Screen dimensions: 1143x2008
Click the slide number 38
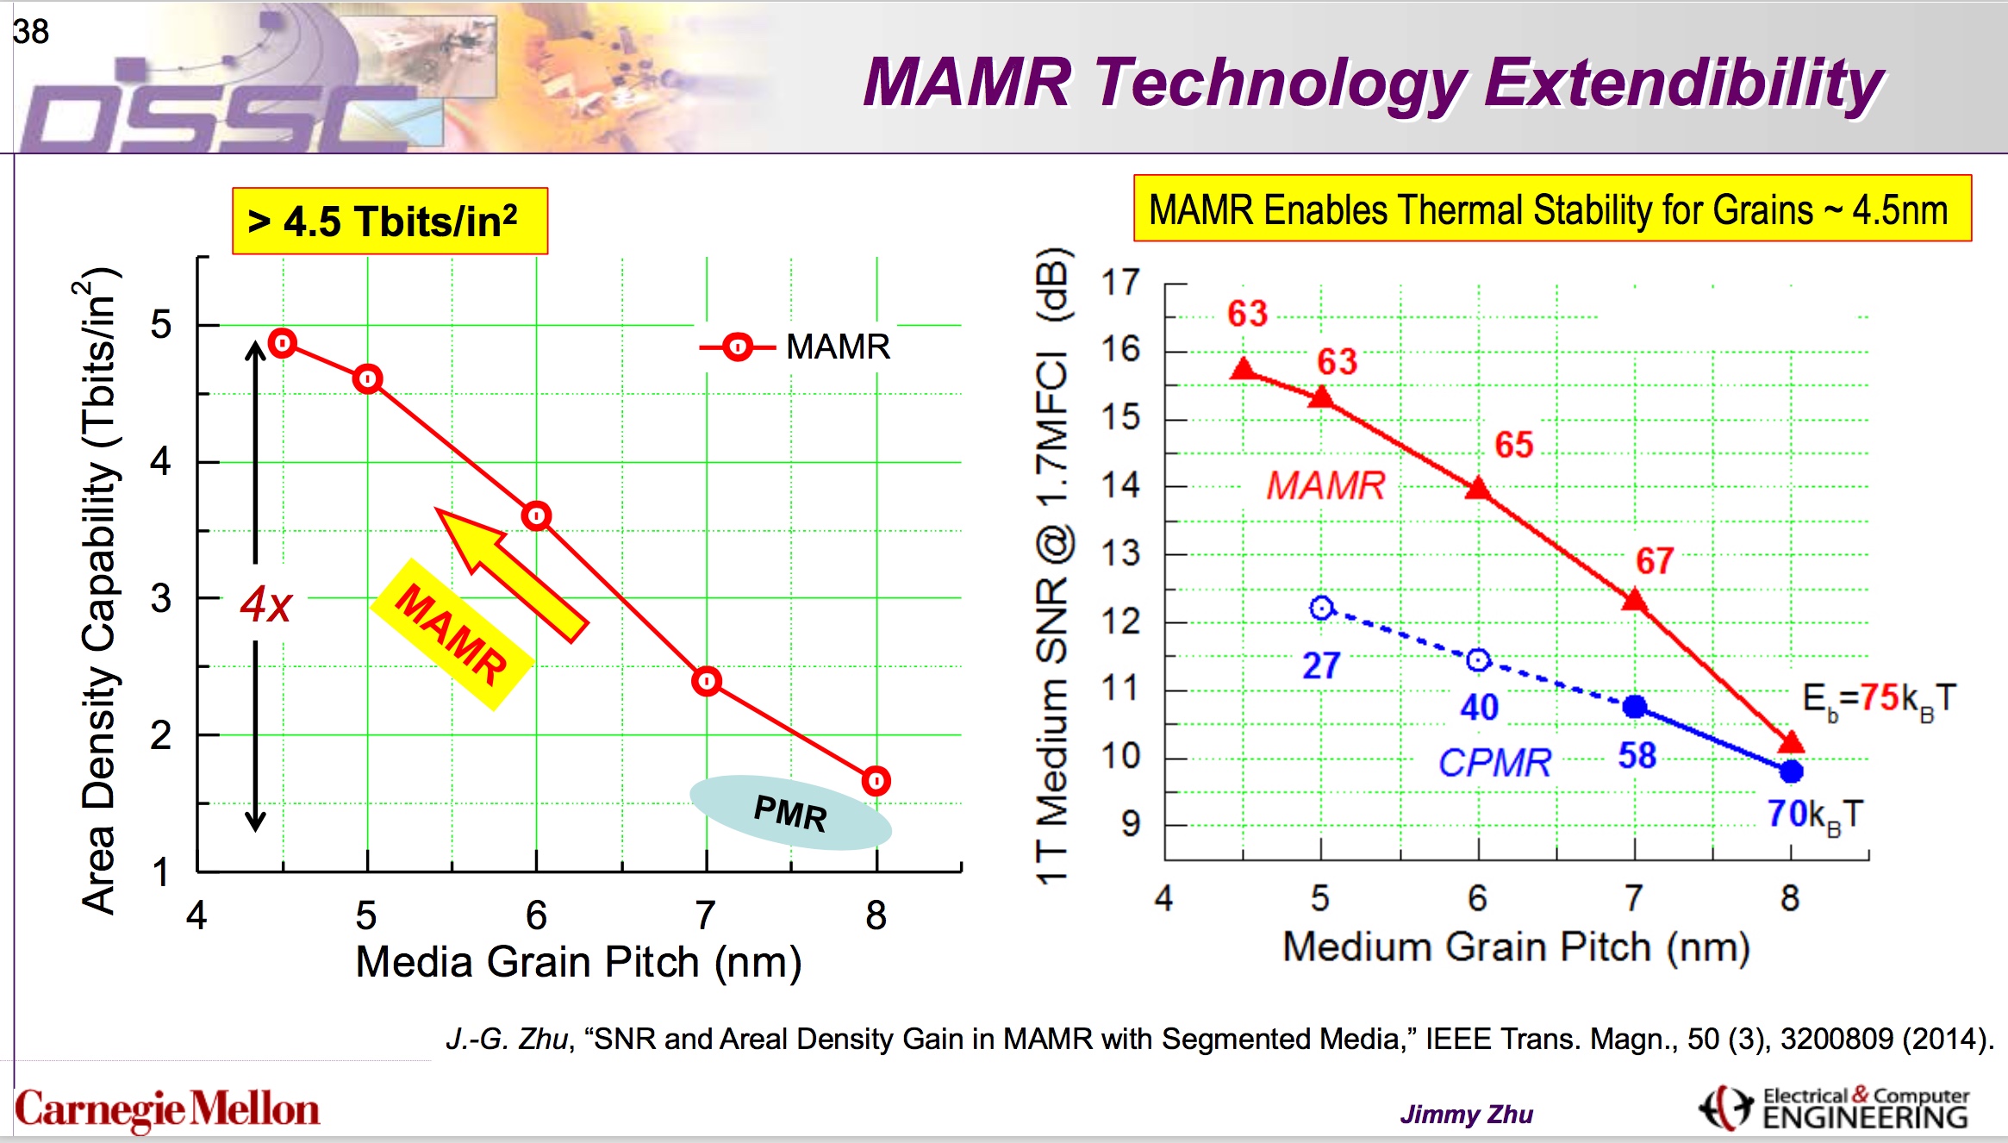point(31,32)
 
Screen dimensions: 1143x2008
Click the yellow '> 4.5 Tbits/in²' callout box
point(390,222)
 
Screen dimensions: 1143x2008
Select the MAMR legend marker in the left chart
point(738,347)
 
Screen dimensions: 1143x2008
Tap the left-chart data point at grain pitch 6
point(536,516)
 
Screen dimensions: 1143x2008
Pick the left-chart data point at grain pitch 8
point(876,781)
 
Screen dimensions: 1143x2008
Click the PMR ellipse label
point(790,813)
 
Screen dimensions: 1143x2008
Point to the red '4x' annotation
point(265,604)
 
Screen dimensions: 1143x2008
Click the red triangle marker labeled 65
point(1478,490)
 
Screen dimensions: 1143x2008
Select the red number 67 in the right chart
point(1655,561)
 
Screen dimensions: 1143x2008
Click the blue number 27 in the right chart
point(1320,665)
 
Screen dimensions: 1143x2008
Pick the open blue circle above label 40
point(1478,660)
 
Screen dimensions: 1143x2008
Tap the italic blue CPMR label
point(1494,763)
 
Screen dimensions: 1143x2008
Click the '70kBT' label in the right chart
point(1815,815)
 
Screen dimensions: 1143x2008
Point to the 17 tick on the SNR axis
point(1120,283)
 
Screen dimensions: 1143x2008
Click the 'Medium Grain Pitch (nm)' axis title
point(1515,946)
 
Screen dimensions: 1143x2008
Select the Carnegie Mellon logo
point(167,1109)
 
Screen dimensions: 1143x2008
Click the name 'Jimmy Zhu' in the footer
point(1466,1115)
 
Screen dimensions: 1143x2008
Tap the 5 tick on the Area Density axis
point(161,325)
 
